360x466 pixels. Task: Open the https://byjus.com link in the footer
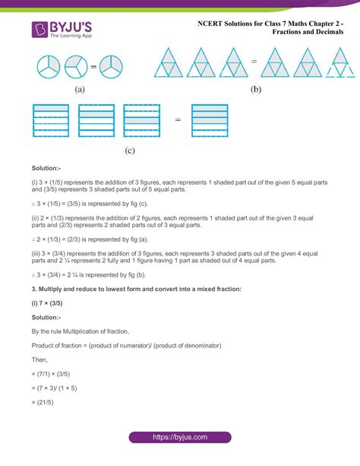click(179, 438)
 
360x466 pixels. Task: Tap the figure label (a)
click(79, 88)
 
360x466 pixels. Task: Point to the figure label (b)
click(255, 89)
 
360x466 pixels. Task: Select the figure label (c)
click(129, 151)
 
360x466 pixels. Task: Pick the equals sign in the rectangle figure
click(177, 119)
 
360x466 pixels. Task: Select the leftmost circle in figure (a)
click(47, 67)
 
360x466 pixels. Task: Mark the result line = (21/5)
click(45, 403)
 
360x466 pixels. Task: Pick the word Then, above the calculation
click(41, 360)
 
